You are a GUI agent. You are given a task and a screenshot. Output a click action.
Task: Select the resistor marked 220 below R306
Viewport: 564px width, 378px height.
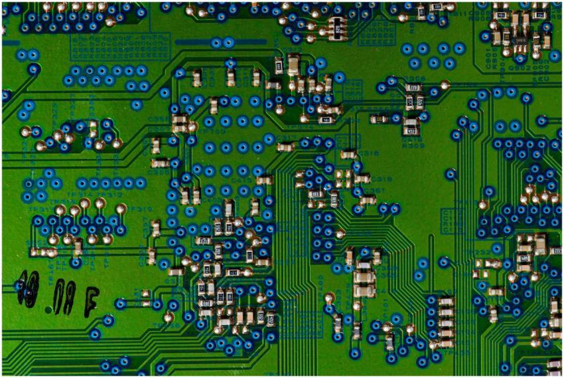point(413,88)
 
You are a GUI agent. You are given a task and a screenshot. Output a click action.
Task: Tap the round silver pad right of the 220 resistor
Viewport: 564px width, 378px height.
point(445,86)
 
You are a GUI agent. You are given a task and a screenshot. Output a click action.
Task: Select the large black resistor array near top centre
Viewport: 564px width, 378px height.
point(337,29)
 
